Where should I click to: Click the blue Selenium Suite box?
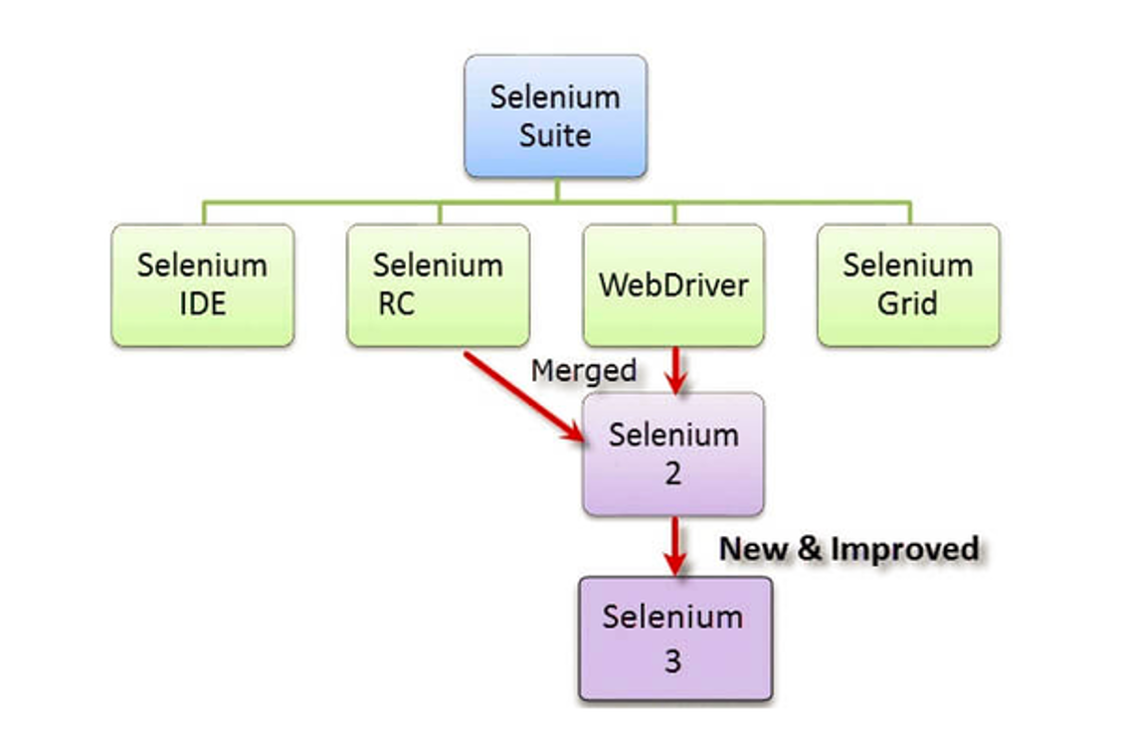coord(555,116)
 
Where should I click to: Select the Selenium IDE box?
coord(202,284)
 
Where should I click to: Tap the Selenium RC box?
coord(438,284)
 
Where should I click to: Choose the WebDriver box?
coord(673,284)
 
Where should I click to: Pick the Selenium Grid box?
coord(908,284)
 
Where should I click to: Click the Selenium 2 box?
coord(673,454)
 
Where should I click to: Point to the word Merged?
coord(583,370)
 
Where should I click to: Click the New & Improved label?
coord(848,548)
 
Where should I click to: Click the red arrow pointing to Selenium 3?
coord(675,545)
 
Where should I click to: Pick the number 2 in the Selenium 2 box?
coord(673,473)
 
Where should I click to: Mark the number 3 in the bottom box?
coord(673,660)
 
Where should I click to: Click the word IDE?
coord(202,303)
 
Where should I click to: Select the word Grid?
coord(907,303)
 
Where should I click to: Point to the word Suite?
coord(555,135)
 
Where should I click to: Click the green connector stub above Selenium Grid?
coord(908,213)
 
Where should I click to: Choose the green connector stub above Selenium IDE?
coord(203,213)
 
